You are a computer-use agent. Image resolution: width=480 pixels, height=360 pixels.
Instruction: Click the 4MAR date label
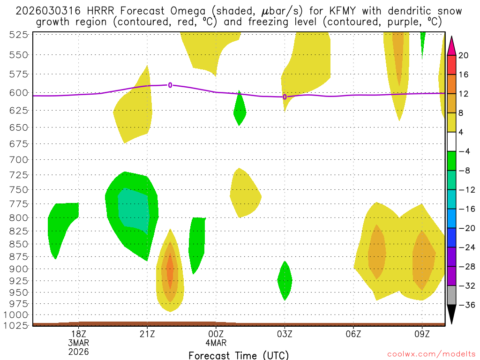click(216, 342)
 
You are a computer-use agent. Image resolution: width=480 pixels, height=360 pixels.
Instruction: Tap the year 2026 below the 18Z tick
click(78, 351)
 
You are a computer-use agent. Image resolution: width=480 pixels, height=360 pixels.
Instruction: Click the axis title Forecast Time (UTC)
click(239, 355)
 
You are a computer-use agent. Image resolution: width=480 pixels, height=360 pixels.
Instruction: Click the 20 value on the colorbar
click(464, 55)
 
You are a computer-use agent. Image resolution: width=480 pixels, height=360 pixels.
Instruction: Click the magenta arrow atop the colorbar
click(451, 45)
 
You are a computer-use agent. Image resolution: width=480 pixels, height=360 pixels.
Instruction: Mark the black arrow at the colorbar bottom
click(451, 314)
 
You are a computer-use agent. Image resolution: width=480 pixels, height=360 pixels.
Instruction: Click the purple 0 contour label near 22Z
click(170, 85)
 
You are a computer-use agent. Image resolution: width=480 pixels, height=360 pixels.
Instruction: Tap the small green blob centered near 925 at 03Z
click(285, 280)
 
